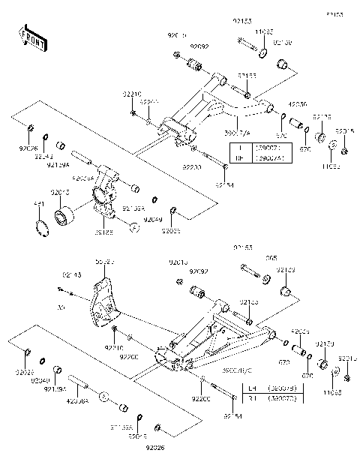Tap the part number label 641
[40, 203]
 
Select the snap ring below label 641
[41, 227]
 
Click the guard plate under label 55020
[102, 303]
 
